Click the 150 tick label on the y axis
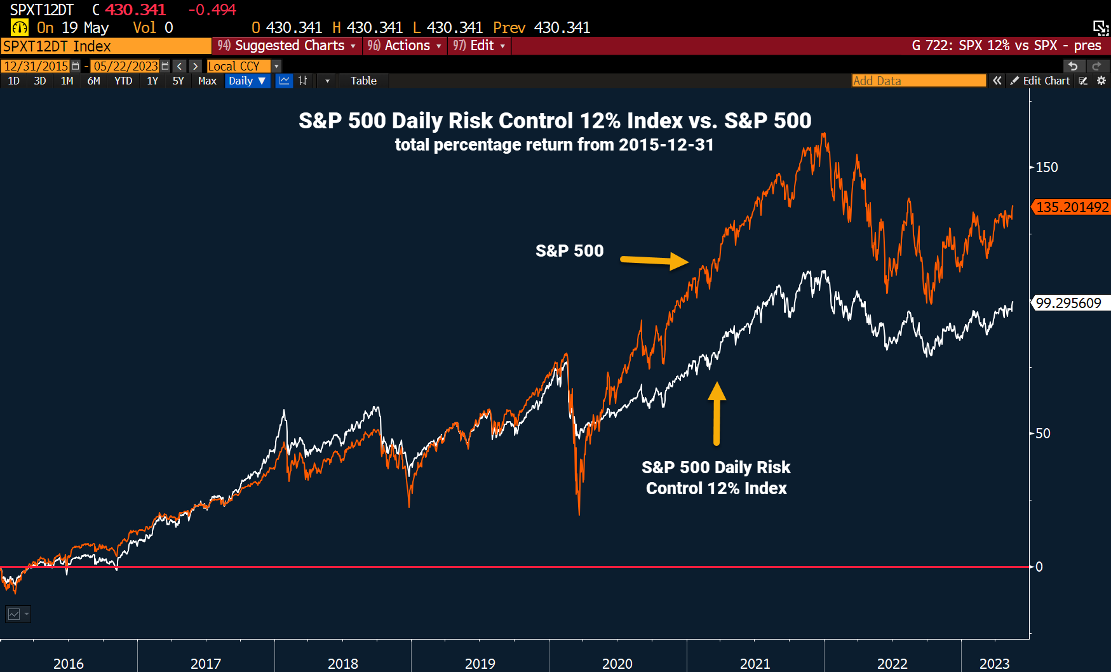(1047, 167)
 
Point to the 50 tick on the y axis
(1042, 433)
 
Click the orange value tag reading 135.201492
(1072, 207)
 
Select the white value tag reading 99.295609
(1068, 303)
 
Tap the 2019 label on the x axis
(480, 663)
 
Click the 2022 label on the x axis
(892, 663)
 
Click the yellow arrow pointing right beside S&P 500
(654, 260)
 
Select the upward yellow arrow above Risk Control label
(717, 413)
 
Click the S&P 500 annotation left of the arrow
(569, 251)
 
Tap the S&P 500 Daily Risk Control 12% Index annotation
(716, 478)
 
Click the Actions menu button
(405, 46)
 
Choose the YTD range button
(123, 81)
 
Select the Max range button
(207, 81)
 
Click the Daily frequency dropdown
(247, 81)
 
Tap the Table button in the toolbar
(363, 81)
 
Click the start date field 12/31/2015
(36, 66)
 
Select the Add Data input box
(918, 81)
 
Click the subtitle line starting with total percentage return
(554, 145)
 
